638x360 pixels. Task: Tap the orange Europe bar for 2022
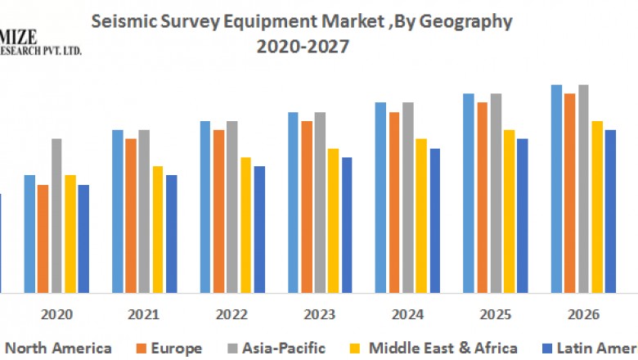tap(218, 211)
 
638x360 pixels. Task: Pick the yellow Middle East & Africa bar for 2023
tap(333, 220)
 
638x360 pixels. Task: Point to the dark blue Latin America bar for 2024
tap(435, 220)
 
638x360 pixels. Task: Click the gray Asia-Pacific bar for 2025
tap(496, 193)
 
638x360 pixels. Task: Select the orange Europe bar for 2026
tap(570, 193)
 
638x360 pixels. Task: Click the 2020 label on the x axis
tap(57, 315)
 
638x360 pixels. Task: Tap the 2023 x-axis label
tap(320, 315)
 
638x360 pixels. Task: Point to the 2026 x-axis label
tap(583, 315)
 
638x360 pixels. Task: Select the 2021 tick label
tap(145, 315)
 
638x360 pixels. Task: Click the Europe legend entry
tap(175, 349)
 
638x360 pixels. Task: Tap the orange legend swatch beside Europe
tap(139, 349)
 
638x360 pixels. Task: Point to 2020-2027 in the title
tap(303, 47)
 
